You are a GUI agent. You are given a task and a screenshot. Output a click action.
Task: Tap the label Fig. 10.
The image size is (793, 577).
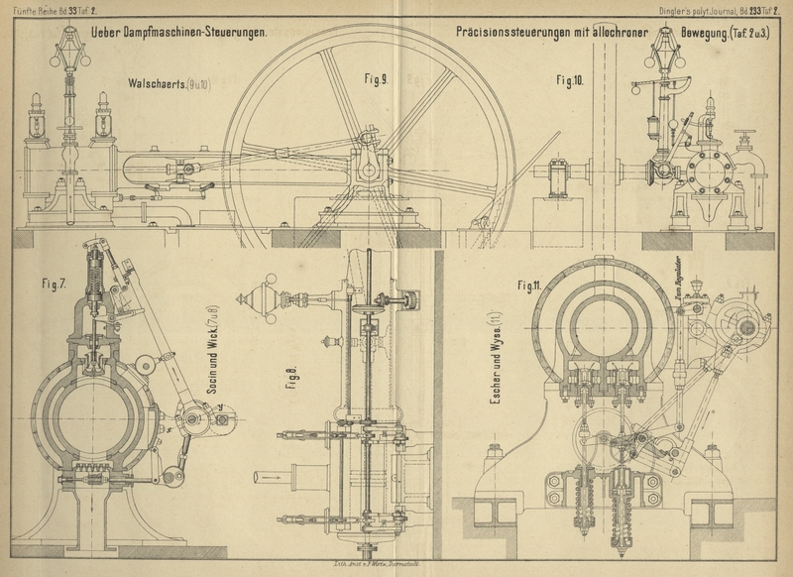[570, 80]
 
